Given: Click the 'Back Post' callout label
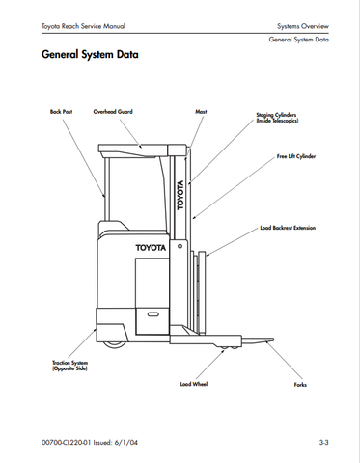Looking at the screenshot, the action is point(61,112).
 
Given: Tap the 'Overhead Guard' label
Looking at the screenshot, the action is point(113,112).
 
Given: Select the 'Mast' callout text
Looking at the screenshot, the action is point(201,112).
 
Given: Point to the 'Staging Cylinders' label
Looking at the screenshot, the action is point(276,115).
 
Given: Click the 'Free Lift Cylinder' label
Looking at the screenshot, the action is point(296,156).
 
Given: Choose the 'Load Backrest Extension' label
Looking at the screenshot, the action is point(288,228).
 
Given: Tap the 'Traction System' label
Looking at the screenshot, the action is point(70,363).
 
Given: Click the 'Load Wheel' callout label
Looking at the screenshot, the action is point(194,384).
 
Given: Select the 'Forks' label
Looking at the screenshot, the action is point(300,385).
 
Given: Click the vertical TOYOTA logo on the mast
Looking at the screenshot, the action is point(180,195).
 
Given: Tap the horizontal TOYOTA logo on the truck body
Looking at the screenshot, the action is point(151,248).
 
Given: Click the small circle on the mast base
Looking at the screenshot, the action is point(180,246).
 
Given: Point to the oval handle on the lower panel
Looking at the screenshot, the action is point(152,314).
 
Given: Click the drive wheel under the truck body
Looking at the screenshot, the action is point(115,344).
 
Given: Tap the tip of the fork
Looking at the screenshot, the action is point(273,340).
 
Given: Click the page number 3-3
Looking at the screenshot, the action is point(323,443).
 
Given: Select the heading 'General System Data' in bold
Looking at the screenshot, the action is point(90,54).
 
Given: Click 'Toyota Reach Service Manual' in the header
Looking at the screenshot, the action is point(83,26).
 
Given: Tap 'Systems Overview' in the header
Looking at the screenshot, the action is point(303,26).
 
